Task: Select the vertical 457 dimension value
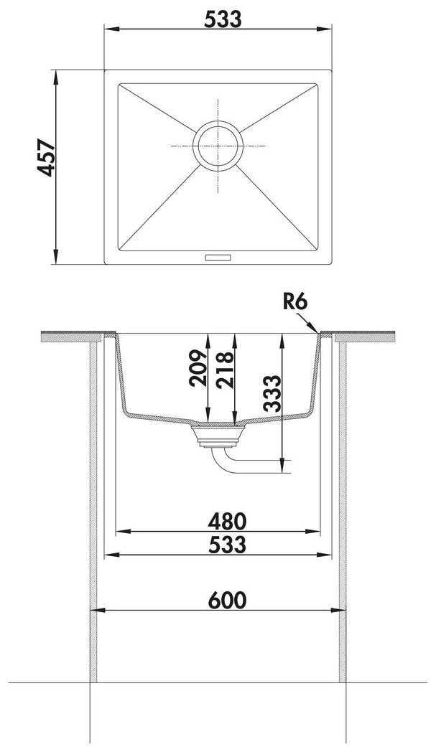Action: (x=47, y=158)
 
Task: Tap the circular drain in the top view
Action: (x=218, y=146)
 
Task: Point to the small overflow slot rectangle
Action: (x=218, y=258)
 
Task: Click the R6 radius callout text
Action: (x=294, y=301)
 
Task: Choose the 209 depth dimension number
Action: (x=198, y=368)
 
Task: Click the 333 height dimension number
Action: (x=272, y=394)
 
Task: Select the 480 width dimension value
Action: (x=227, y=521)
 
